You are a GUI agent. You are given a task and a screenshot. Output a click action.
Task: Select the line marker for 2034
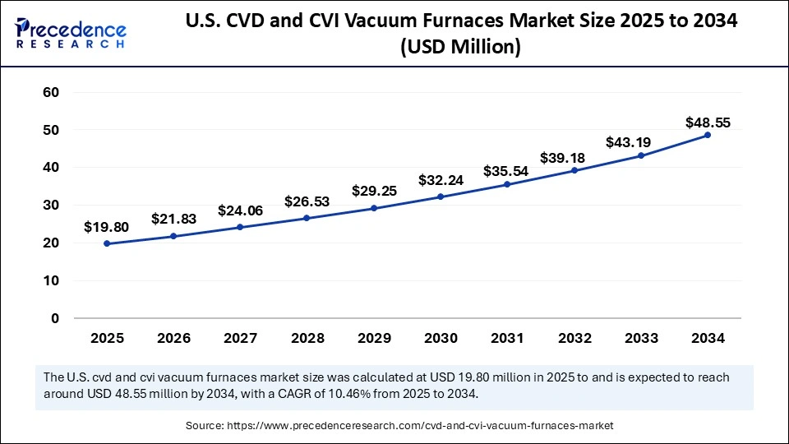pyautogui.click(x=708, y=135)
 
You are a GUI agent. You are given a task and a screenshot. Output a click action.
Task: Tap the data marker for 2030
pyautogui.click(x=441, y=197)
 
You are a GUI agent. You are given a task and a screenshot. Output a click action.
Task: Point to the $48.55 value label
pyautogui.click(x=708, y=123)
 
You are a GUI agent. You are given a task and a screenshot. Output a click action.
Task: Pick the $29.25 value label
pyautogui.click(x=374, y=191)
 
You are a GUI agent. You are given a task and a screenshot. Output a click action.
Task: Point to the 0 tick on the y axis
pyautogui.click(x=54, y=318)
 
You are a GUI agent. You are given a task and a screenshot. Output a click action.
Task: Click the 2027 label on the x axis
pyautogui.click(x=241, y=338)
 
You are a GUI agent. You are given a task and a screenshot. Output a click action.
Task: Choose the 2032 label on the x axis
pyautogui.click(x=574, y=338)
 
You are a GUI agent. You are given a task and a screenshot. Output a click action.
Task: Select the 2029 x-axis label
pyautogui.click(x=374, y=338)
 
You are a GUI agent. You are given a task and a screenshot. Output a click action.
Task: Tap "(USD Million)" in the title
pyautogui.click(x=460, y=49)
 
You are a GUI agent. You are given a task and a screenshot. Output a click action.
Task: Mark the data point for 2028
pyautogui.click(x=307, y=218)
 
